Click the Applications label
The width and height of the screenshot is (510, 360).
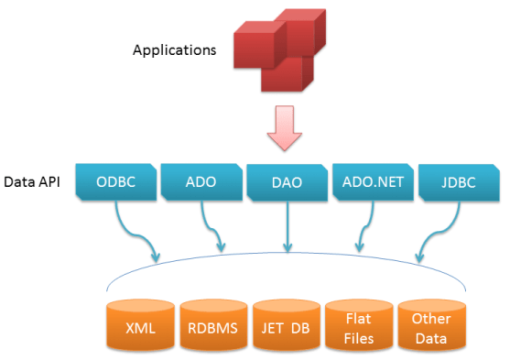pos(174,49)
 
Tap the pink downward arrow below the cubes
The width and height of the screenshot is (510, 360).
pos(287,129)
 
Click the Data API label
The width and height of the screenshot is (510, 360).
pos(33,181)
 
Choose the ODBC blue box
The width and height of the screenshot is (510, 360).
pos(115,181)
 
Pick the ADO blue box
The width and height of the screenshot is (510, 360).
pos(201,181)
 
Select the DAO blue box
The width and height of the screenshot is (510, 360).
pos(287,182)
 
